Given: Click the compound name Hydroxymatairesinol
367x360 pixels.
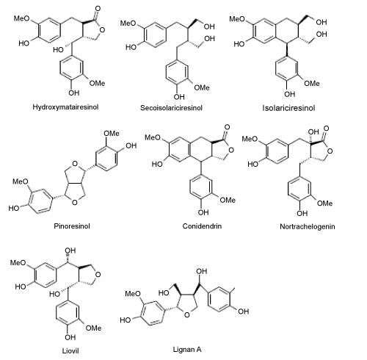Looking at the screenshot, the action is (65, 107).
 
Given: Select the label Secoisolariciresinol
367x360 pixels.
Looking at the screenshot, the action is (171, 108).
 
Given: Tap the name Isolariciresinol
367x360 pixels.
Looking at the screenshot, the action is (288, 108).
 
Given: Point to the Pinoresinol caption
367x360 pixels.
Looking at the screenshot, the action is (72, 226).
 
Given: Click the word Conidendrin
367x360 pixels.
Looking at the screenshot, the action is (202, 226).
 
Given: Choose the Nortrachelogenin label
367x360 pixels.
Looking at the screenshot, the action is (308, 226).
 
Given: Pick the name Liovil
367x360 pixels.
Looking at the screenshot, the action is (70, 351).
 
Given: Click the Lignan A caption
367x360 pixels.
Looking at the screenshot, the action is (187, 350).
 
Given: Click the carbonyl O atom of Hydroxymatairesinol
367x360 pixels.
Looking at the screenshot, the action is (98, 9).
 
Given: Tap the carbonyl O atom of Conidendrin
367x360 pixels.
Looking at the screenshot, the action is (227, 127).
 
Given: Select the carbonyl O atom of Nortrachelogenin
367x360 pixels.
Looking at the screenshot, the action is (326, 129).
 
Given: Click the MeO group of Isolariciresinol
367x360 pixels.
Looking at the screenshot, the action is (237, 18).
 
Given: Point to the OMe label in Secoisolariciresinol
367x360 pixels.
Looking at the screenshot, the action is (202, 87).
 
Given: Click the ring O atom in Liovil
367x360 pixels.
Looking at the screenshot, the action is (98, 275).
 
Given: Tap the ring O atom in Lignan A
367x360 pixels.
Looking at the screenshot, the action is (186, 314).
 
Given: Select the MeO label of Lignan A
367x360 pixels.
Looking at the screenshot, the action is (133, 293).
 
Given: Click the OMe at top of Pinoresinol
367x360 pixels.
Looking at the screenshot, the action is (112, 134).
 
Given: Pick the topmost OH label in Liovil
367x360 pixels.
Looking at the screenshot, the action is (70, 251).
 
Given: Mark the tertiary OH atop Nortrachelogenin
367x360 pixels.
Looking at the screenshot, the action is (313, 132).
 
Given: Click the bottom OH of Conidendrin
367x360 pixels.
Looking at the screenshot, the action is (203, 212).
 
